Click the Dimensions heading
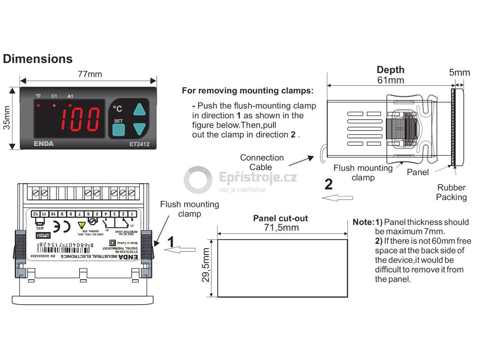click(x=37, y=59)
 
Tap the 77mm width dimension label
click(x=90, y=75)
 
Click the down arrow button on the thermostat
click(x=140, y=128)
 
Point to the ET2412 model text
click(x=139, y=144)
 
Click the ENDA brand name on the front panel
click(x=44, y=143)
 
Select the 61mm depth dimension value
click(x=390, y=80)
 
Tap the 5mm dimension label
click(x=459, y=73)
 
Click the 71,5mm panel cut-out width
click(x=281, y=228)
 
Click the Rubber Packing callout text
click(x=451, y=192)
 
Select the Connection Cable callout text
click(x=262, y=162)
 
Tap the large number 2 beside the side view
click(x=329, y=184)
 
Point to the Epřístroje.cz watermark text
click(x=258, y=178)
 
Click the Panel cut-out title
click(x=280, y=218)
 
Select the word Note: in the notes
click(x=363, y=222)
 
